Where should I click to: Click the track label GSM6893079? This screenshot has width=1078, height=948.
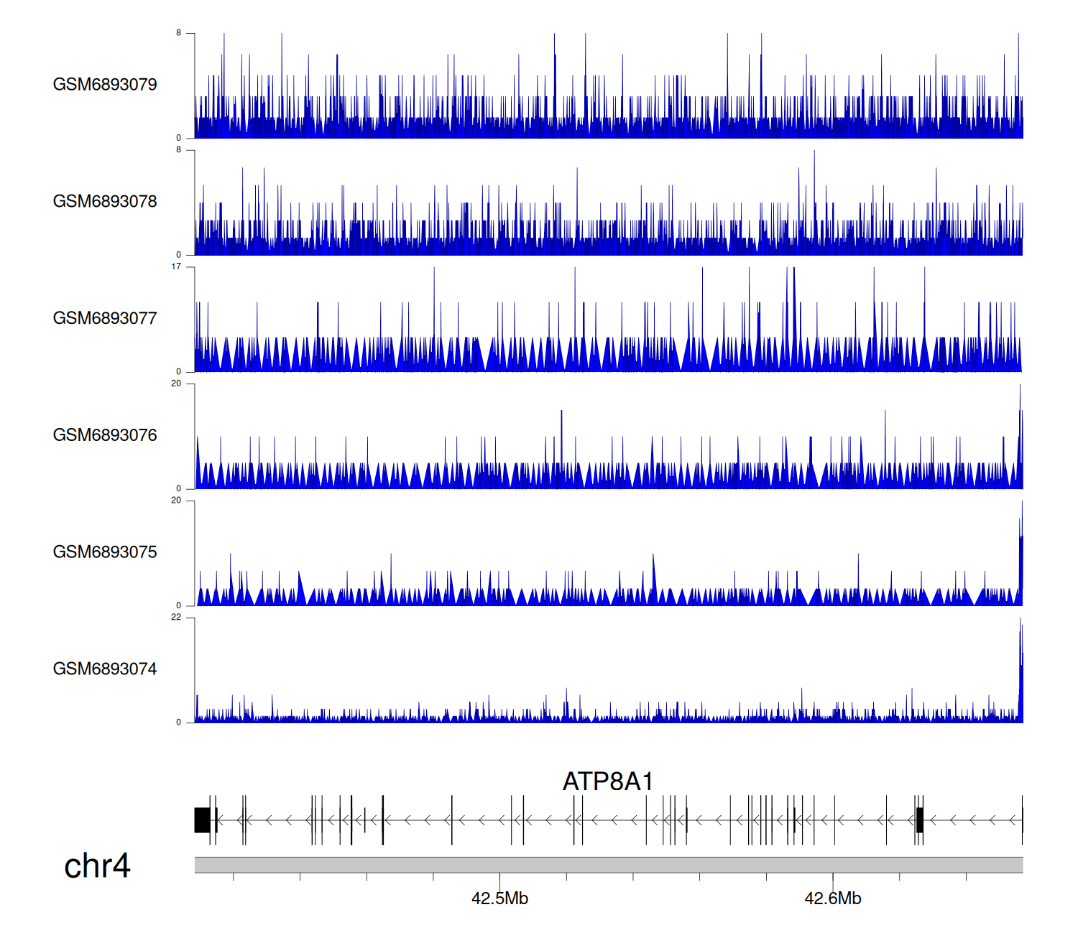(x=105, y=85)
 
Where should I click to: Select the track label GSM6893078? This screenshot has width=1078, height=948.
(x=105, y=202)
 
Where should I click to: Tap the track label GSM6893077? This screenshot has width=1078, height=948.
(x=105, y=318)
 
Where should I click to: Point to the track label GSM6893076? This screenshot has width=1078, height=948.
(x=105, y=435)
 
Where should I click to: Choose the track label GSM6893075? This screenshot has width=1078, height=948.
(x=105, y=552)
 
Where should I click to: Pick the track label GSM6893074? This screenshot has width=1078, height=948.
(x=105, y=669)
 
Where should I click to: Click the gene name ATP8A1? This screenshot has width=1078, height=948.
(x=608, y=781)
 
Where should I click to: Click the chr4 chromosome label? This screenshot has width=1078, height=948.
(x=97, y=866)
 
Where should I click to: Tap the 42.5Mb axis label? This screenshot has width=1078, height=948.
(x=499, y=898)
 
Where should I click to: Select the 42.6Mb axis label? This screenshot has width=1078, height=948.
(x=832, y=898)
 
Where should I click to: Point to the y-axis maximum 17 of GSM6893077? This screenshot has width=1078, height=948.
(x=176, y=266)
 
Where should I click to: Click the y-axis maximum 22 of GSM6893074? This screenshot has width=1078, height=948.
(x=176, y=618)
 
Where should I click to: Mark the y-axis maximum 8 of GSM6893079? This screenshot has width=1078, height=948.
(x=179, y=33)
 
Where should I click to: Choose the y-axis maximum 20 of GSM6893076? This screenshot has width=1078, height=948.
(x=176, y=384)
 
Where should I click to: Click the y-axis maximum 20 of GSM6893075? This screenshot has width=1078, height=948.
(x=176, y=501)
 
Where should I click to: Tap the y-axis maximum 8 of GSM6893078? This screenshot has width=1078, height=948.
(x=179, y=150)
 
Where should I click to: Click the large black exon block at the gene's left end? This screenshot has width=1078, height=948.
(x=202, y=820)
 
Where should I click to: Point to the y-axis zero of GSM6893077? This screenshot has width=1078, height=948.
(x=179, y=371)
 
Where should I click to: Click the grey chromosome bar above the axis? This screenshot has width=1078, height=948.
(x=608, y=865)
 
